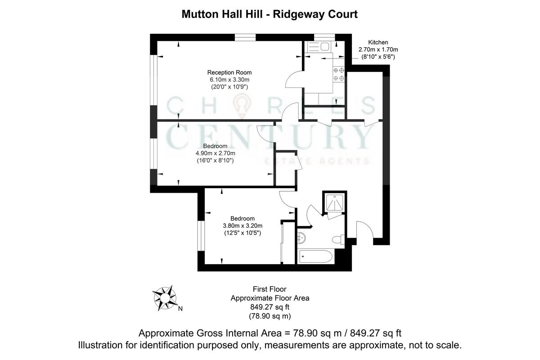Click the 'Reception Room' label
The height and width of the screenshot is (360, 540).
[229, 72]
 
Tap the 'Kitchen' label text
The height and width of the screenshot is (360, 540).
[378, 42]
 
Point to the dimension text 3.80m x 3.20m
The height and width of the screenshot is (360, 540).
[243, 226]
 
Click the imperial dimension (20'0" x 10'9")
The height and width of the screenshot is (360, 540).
[229, 86]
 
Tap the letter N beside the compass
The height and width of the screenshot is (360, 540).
[180, 309]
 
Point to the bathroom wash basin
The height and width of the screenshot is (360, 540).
[301, 237]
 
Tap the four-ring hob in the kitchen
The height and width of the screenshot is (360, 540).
[339, 74]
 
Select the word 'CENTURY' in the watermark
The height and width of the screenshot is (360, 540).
[270, 137]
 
